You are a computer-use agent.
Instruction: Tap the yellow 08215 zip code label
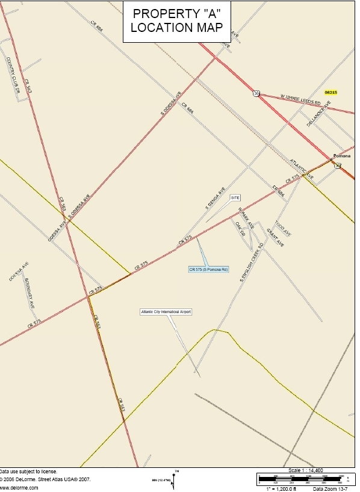[x=331, y=92]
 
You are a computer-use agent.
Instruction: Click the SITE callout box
[x=235, y=198]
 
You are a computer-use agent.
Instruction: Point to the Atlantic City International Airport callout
[x=166, y=312]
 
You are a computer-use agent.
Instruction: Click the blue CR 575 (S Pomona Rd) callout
[x=208, y=270]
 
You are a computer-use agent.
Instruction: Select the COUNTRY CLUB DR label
[x=13, y=75]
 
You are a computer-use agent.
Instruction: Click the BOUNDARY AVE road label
[x=30, y=294]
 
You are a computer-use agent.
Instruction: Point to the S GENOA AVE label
[x=215, y=197]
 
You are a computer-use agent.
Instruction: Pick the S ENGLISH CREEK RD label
[x=252, y=263]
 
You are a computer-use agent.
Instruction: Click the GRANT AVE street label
[x=275, y=238]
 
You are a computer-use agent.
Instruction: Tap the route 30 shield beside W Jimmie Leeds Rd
[x=257, y=93]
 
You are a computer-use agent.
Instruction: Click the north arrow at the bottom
[x=174, y=479]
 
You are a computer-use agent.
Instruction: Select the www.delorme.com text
[x=19, y=488]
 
